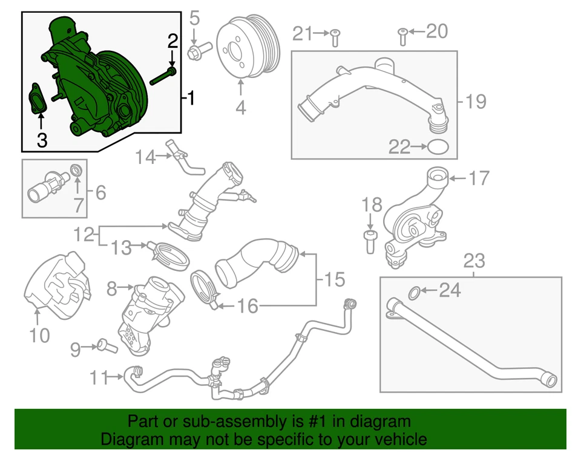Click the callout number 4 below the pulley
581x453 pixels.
pos(240,108)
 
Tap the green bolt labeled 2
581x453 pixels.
pos(162,76)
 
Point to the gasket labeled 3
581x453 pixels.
pos(38,100)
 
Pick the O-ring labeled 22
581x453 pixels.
pos(438,146)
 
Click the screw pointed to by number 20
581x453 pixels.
pos(401,37)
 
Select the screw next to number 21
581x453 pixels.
pos(334,38)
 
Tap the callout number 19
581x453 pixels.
pos(476,102)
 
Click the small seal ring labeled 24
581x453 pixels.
pos(413,293)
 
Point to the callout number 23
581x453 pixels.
pos(474,261)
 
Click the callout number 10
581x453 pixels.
pos(39,334)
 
